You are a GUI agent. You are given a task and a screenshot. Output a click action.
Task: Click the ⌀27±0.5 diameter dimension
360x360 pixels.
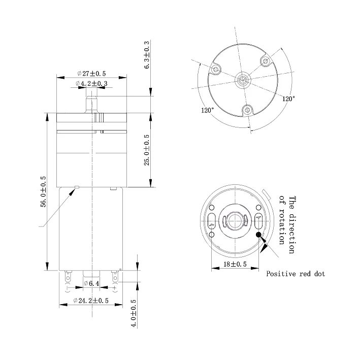pos(91,73)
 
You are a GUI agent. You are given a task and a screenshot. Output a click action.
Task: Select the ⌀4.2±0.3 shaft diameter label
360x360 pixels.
pos(91,83)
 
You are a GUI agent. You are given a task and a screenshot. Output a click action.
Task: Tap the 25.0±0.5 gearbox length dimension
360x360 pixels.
pos(147,150)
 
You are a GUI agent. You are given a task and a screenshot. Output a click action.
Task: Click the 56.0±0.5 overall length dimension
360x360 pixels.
pos(43,192)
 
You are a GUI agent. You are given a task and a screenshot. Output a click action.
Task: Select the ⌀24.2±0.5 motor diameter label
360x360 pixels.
pos(91,301)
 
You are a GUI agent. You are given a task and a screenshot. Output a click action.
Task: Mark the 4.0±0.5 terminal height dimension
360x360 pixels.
pos(135,314)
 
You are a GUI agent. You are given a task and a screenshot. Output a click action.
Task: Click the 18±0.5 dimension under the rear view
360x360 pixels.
pos(235,265)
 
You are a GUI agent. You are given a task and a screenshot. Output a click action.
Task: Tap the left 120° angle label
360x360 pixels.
pos(207,110)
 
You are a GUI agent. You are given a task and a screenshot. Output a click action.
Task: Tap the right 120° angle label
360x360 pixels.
pos(288,99)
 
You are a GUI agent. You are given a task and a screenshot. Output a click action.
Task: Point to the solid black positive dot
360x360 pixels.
pos(259,235)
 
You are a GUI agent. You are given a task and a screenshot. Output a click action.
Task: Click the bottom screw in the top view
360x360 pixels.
pos(247,109)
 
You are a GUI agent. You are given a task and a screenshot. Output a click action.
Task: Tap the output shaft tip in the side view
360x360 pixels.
pos(92,96)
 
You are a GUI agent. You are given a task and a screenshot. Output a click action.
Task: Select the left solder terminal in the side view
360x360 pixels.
pos(67,278)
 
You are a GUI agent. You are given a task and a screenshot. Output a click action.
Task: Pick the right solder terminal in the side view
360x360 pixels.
pos(116,278)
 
